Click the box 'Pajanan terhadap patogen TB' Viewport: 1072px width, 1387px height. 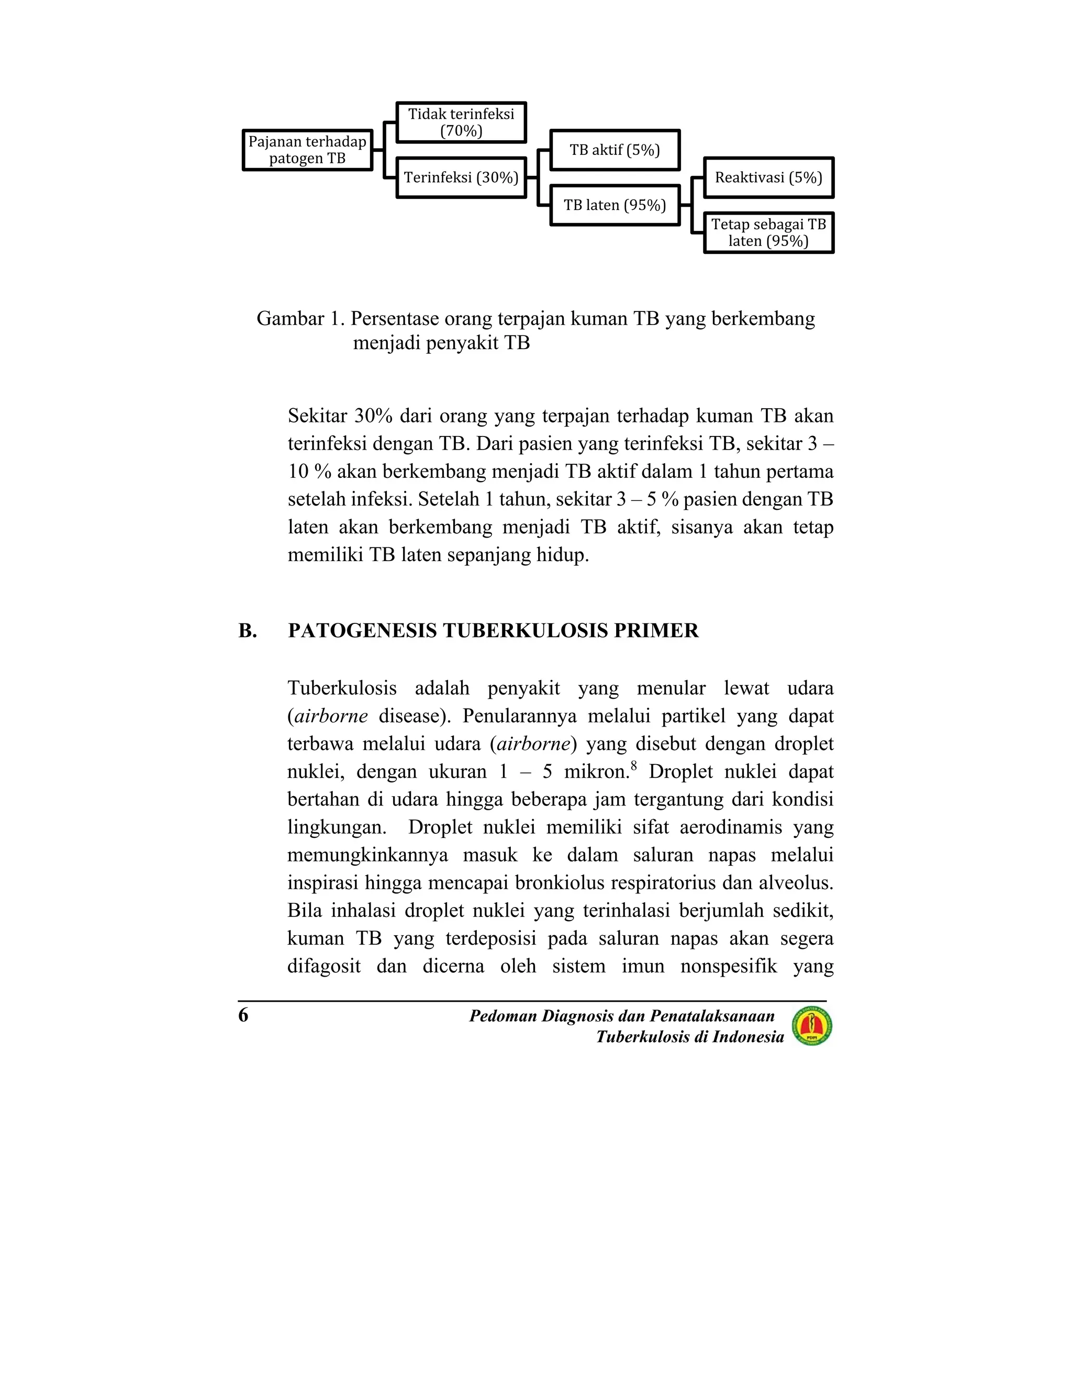pyautogui.click(x=307, y=150)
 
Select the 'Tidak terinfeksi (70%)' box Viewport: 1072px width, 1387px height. pyautogui.click(x=461, y=122)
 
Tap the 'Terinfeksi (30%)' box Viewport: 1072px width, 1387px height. pyautogui.click(x=461, y=177)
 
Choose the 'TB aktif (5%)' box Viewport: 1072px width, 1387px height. pyautogui.click(x=615, y=150)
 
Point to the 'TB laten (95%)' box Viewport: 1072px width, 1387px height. pyautogui.click(x=615, y=205)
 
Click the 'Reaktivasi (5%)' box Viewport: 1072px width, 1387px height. pyautogui.click(x=768, y=177)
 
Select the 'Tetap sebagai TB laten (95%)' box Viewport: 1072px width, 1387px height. pyautogui.click(x=768, y=232)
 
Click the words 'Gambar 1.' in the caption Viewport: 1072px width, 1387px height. pyautogui.click(x=300, y=318)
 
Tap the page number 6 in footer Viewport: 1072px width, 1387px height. pyautogui.click(x=243, y=1015)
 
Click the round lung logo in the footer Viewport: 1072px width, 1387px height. pyautogui.click(x=812, y=1026)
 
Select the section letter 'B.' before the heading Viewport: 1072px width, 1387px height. pyautogui.click(x=248, y=631)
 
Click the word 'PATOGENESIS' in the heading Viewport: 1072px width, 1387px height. pyautogui.click(x=362, y=631)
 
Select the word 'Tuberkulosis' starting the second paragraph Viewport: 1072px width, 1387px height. pyautogui.click(x=342, y=688)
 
